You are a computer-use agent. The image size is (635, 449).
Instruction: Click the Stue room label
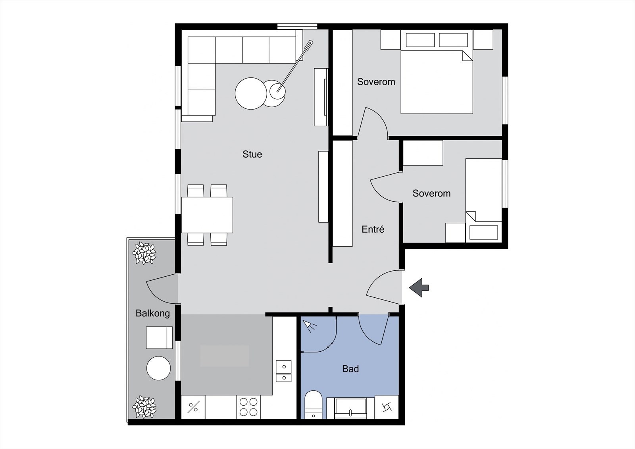252,154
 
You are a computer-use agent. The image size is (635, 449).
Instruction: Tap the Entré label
373,229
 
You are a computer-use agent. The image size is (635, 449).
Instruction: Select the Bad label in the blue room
350,369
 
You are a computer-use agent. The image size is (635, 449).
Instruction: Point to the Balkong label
152,314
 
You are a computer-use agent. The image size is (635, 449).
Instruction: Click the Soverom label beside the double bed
376,82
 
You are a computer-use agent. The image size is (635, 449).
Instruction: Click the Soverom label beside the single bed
431,194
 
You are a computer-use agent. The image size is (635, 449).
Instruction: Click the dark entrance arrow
419,287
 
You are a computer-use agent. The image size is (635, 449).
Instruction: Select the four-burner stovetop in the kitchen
248,407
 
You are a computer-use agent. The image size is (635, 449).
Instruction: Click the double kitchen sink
283,371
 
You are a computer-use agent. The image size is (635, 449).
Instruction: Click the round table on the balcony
158,368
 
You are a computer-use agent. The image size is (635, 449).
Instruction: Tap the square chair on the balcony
159,337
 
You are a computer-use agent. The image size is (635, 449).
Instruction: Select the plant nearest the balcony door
144,253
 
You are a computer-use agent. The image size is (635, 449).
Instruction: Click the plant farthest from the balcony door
144,407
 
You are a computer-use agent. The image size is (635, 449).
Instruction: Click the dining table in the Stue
207,214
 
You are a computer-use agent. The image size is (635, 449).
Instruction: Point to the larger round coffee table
251,93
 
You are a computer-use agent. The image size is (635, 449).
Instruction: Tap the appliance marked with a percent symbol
193,407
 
